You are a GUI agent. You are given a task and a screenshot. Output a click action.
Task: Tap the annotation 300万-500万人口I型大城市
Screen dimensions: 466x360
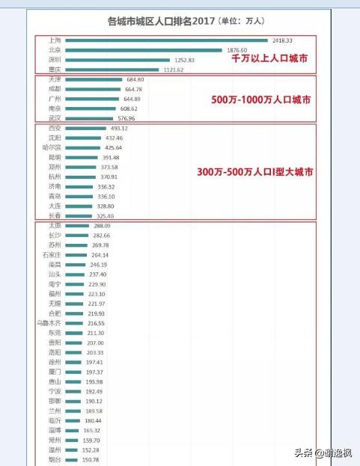(x=254, y=172)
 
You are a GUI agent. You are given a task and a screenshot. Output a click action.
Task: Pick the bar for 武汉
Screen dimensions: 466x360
(x=89, y=118)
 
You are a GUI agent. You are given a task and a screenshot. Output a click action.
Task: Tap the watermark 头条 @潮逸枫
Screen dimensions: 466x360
(x=323, y=453)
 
